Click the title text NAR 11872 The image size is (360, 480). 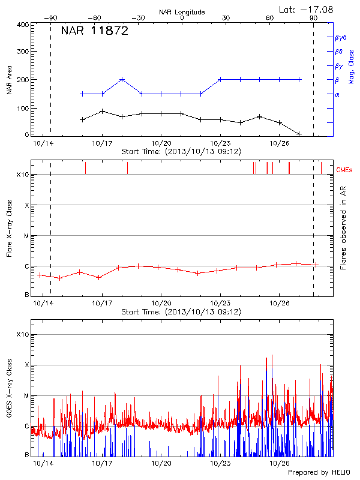(94, 32)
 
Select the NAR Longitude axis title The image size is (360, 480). (182, 11)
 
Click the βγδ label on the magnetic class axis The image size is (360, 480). (340, 37)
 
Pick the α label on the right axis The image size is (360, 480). (337, 94)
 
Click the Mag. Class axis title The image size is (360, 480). (352, 66)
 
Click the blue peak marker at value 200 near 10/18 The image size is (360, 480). (122, 79)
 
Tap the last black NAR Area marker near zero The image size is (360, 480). (299, 134)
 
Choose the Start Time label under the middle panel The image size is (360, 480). (181, 312)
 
